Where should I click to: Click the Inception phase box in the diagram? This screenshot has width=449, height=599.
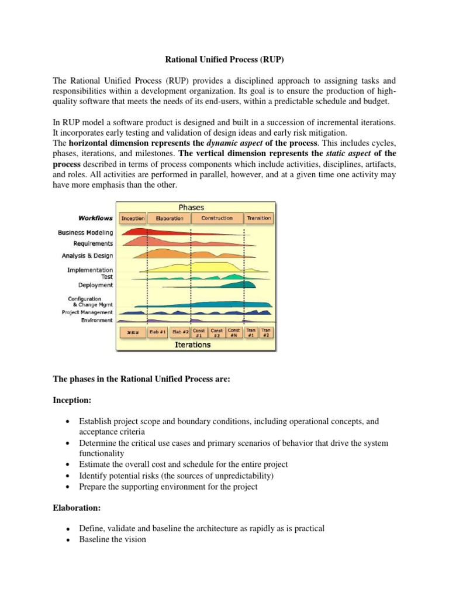[133, 218]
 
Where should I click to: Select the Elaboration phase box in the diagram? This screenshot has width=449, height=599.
[170, 218]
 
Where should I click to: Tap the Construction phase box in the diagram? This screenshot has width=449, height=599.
[217, 218]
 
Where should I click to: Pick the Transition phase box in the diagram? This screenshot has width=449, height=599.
[258, 218]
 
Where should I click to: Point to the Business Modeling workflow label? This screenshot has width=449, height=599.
[85, 232]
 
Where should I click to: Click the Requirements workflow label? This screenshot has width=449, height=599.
[94, 243]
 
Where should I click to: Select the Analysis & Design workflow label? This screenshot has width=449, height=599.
[88, 256]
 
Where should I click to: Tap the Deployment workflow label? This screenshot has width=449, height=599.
[96, 285]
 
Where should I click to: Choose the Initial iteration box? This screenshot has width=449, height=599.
[133, 332]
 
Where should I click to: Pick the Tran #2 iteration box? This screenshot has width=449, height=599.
[266, 332]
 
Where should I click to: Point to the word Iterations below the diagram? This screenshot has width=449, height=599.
[192, 345]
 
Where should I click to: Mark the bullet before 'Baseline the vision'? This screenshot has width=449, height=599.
[68, 540]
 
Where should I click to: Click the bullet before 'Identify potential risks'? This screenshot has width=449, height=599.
[68, 476]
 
